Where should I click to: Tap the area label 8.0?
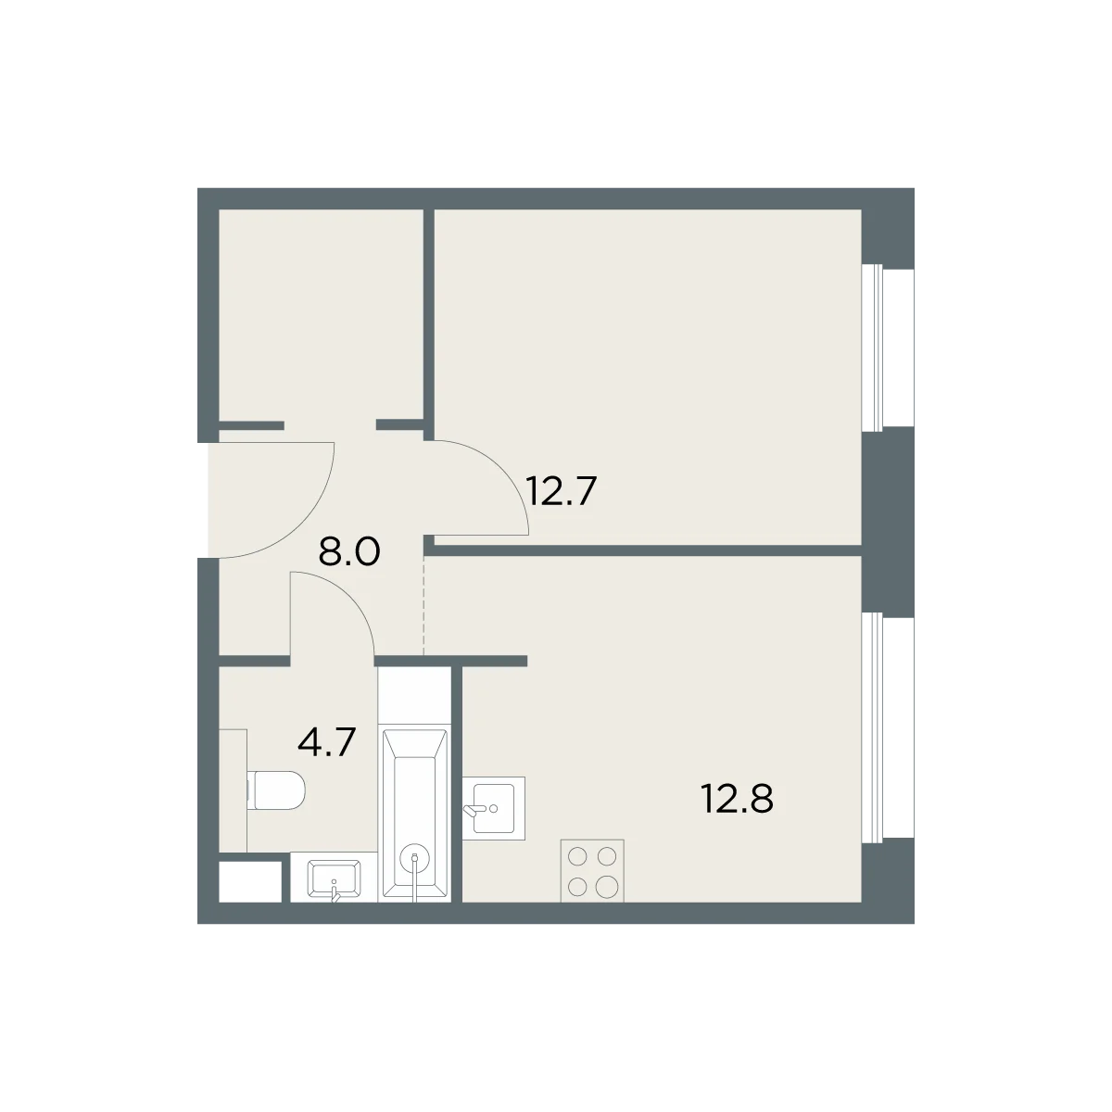[x=349, y=551]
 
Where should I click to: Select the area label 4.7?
[x=326, y=742]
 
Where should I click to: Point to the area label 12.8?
[x=737, y=799]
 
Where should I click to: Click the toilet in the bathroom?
[x=276, y=790]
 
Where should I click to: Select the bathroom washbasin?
[x=335, y=879]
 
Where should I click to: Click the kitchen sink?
[x=493, y=808]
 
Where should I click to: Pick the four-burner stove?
[x=592, y=870]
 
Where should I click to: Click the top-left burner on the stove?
[x=577, y=856]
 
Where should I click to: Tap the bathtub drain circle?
[x=415, y=857]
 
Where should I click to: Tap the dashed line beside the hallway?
[x=424, y=605]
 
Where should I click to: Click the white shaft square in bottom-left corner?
[x=250, y=881]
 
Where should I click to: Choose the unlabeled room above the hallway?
[x=321, y=315]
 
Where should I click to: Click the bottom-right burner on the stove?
[x=606, y=886]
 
